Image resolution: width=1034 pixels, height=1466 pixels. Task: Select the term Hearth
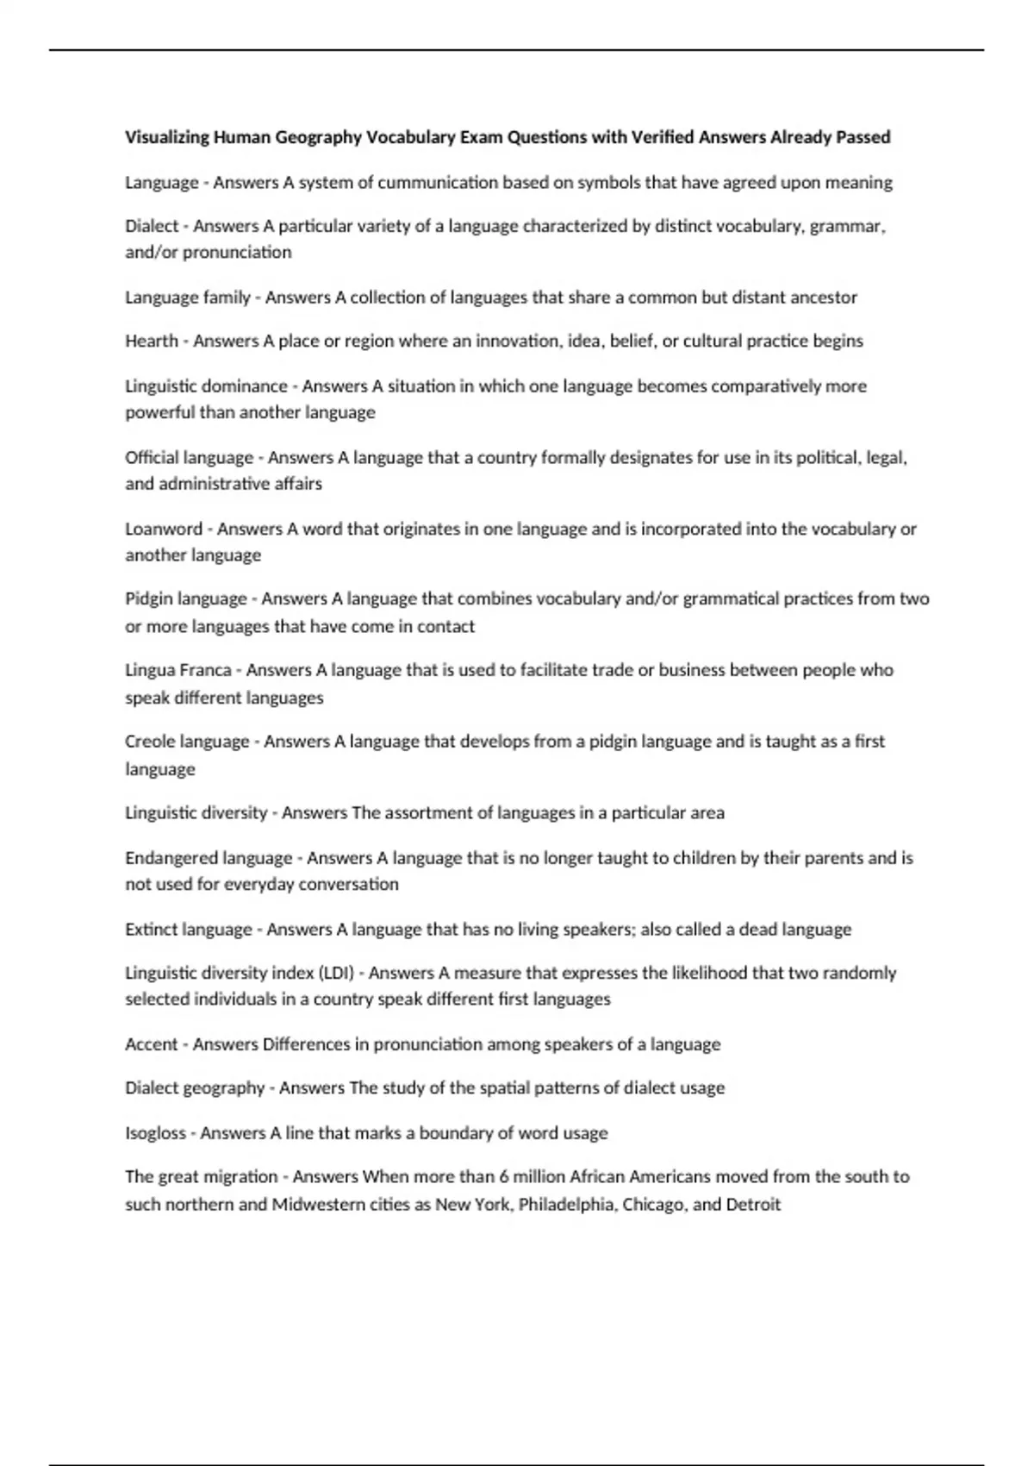click(x=152, y=341)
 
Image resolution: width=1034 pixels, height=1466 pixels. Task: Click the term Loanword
click(x=164, y=529)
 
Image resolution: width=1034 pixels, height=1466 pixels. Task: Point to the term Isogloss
click(x=155, y=1133)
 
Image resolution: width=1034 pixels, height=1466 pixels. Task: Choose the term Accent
click(x=152, y=1044)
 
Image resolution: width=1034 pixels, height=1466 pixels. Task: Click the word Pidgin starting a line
click(x=148, y=598)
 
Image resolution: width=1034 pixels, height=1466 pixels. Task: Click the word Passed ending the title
click(x=863, y=137)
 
